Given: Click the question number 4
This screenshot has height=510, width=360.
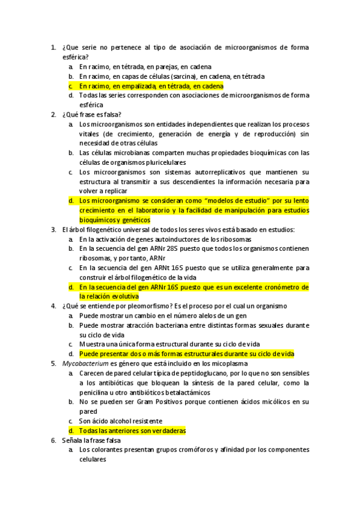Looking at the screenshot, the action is pos(53,306).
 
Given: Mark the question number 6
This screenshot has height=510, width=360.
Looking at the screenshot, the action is pos(53,440).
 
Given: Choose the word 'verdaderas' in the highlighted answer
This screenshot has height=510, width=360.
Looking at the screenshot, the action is pos(166,431).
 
